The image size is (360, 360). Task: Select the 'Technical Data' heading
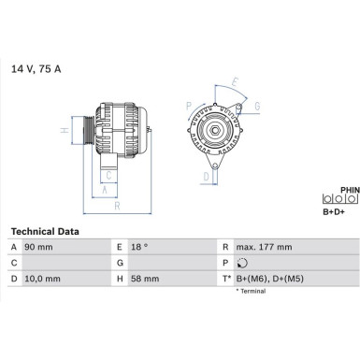(44, 230)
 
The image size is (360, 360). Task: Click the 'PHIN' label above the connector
(349, 190)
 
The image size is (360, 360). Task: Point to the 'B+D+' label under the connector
(335, 212)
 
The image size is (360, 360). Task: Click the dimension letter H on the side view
(64, 131)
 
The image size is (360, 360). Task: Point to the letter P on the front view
(189, 105)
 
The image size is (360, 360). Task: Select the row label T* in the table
(227, 278)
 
